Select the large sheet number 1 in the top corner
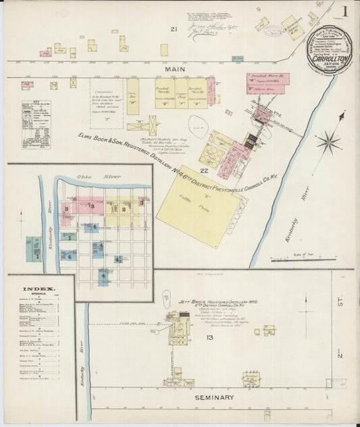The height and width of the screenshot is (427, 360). click(344, 11)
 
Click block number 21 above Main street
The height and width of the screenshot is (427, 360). click(174, 29)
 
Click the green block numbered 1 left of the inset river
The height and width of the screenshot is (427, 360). click(34, 256)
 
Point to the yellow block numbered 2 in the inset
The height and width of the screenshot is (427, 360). click(124, 209)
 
